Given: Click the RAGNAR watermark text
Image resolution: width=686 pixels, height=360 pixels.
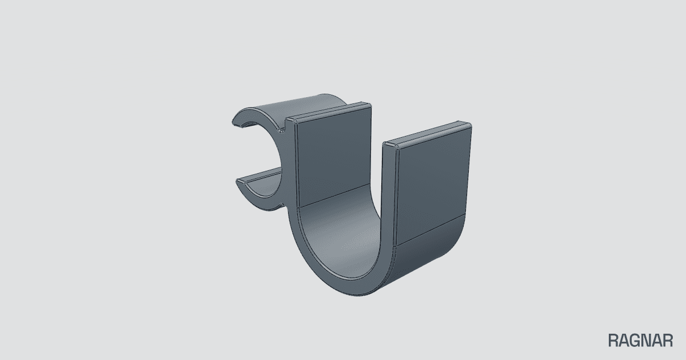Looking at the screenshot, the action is coord(640,341).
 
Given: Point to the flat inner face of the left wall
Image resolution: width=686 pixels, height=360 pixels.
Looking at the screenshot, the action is coord(334,156).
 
